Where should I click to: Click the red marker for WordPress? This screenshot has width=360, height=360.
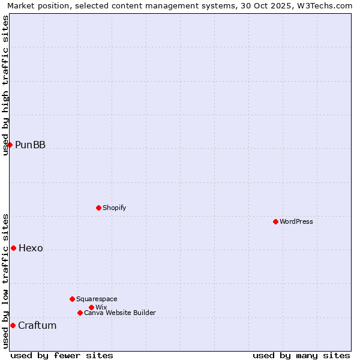275,221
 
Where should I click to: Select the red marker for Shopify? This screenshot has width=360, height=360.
98,208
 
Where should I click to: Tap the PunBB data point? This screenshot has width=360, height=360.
10,145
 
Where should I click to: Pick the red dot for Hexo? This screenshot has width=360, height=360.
13,248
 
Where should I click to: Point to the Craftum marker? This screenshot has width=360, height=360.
13,325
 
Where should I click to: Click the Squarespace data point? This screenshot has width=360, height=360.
72,299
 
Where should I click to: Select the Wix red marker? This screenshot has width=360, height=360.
91,307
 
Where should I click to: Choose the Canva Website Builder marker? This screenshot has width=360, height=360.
80,313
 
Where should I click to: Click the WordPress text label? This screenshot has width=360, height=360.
296,221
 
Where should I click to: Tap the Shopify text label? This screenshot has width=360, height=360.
115,208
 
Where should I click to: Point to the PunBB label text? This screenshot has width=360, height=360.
30,145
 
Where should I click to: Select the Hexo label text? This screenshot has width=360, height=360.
31,248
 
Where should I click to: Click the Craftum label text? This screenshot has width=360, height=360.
37,326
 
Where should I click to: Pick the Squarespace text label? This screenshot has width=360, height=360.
97,299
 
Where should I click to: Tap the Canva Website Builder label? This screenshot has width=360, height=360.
120,313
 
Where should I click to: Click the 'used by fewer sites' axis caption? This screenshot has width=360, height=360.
62,355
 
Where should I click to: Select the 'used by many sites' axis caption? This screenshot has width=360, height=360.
301,355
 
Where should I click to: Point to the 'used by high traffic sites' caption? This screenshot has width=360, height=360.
5,85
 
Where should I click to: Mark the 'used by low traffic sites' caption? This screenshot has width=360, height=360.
5,281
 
